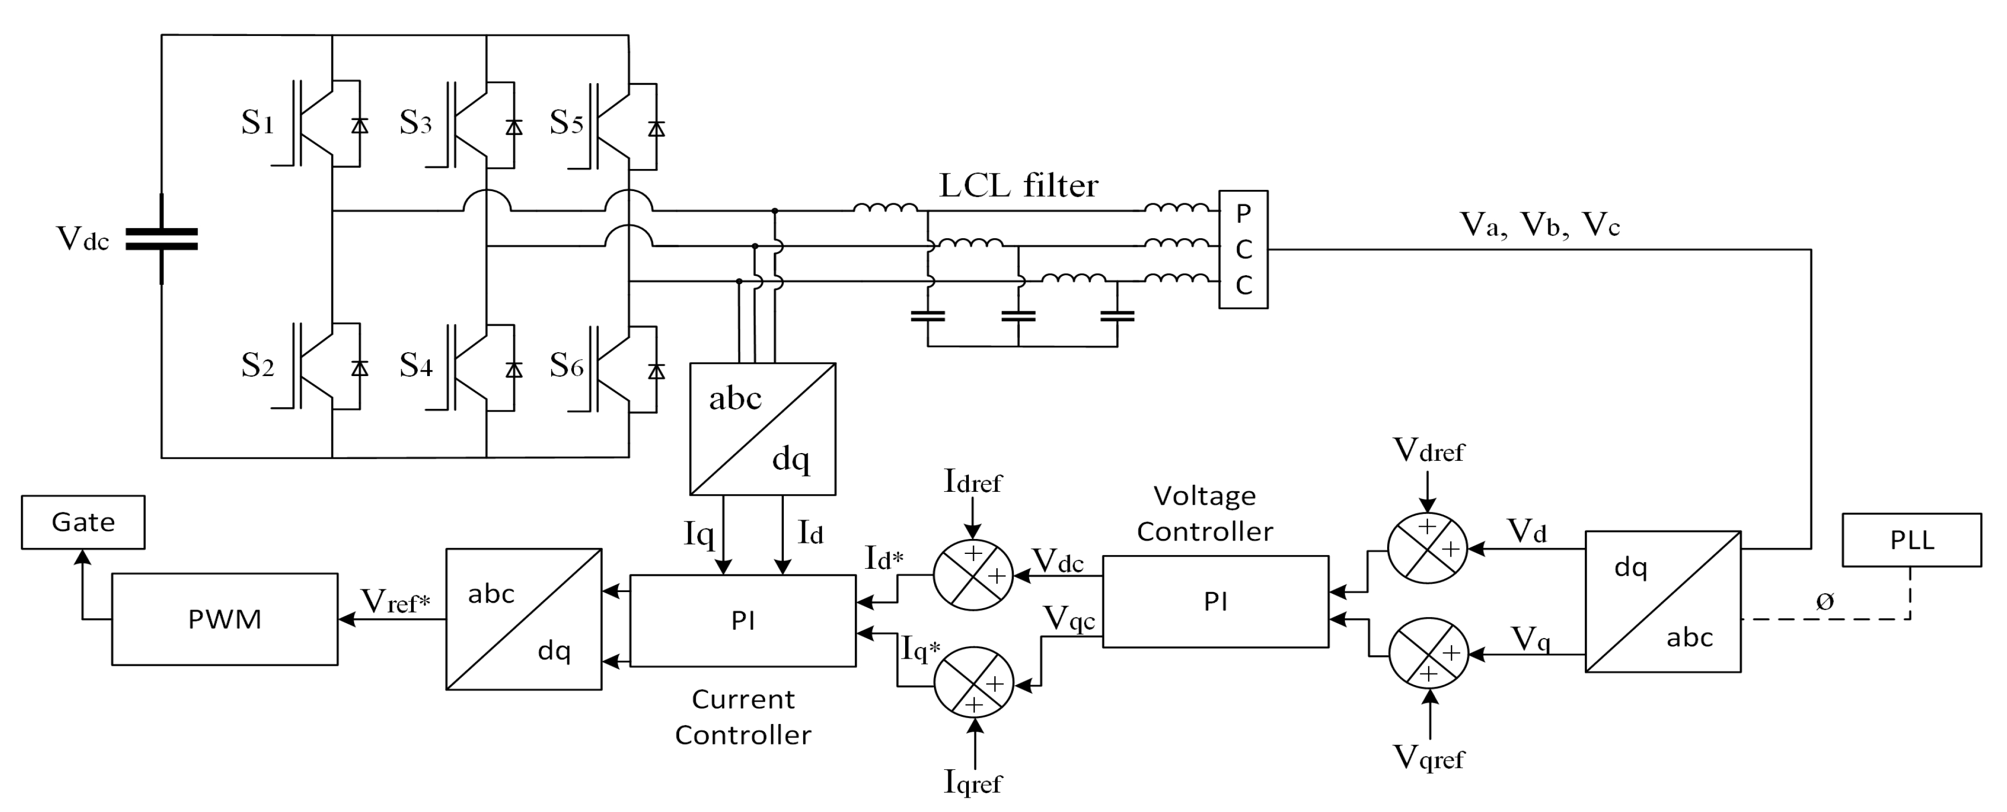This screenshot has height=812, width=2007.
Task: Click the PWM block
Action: pyautogui.click(x=224, y=619)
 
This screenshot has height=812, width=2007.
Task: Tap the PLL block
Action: pyautogui.click(x=1911, y=540)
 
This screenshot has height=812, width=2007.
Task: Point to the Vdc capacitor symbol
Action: pyautogui.click(x=161, y=239)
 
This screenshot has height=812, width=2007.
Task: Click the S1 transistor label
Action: pyautogui.click(x=257, y=123)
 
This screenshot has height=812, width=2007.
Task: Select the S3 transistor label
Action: pyautogui.click(x=415, y=123)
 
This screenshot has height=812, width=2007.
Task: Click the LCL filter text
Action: pyautogui.click(x=1018, y=186)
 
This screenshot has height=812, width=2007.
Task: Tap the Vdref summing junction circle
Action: pyautogui.click(x=1428, y=548)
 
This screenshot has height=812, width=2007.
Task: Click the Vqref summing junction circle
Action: pyautogui.click(x=1428, y=653)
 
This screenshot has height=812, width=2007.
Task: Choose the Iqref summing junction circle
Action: pyautogui.click(x=974, y=683)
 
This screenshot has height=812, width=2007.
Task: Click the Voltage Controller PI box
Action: pyautogui.click(x=1215, y=602)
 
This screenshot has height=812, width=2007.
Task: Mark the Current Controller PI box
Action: pyautogui.click(x=742, y=621)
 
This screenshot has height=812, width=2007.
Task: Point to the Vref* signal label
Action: pyautogui.click(x=396, y=601)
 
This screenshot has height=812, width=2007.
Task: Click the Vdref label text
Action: pyautogui.click(x=1428, y=450)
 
